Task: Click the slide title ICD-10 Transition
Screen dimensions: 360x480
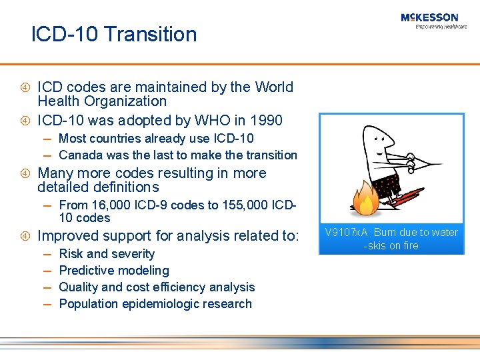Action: (114, 35)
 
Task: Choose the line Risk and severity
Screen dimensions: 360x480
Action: (107, 254)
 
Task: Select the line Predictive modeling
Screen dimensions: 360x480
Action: (114, 271)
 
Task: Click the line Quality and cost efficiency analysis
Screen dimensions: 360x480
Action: (157, 287)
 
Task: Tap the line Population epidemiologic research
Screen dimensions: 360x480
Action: (155, 304)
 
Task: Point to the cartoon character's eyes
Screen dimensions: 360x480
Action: (381, 141)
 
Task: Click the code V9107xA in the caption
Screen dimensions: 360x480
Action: (348, 233)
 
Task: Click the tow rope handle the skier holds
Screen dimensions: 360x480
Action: (417, 161)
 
